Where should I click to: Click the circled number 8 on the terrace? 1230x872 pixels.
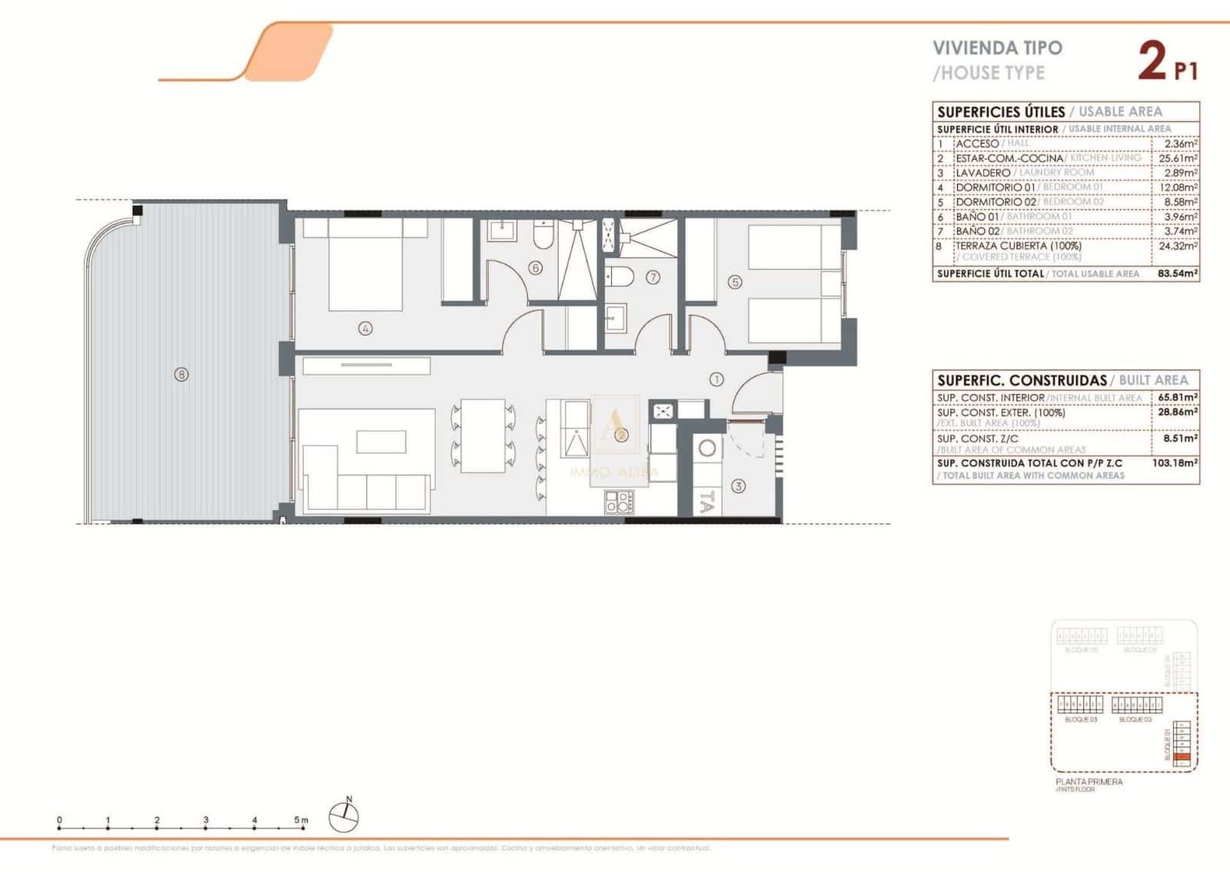181,375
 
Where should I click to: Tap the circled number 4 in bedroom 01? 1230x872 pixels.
365,329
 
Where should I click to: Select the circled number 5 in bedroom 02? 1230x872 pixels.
735,282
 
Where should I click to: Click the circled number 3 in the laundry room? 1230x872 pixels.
738,486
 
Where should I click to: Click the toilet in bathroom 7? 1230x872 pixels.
619,276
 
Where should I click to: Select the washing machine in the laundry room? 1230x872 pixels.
706,448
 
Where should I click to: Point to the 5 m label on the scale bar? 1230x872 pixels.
301,820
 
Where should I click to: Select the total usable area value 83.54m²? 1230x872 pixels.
1178,274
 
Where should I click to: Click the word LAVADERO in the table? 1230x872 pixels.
982,173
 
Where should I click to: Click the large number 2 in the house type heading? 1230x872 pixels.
1152,61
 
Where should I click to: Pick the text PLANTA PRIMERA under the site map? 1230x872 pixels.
1089,782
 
